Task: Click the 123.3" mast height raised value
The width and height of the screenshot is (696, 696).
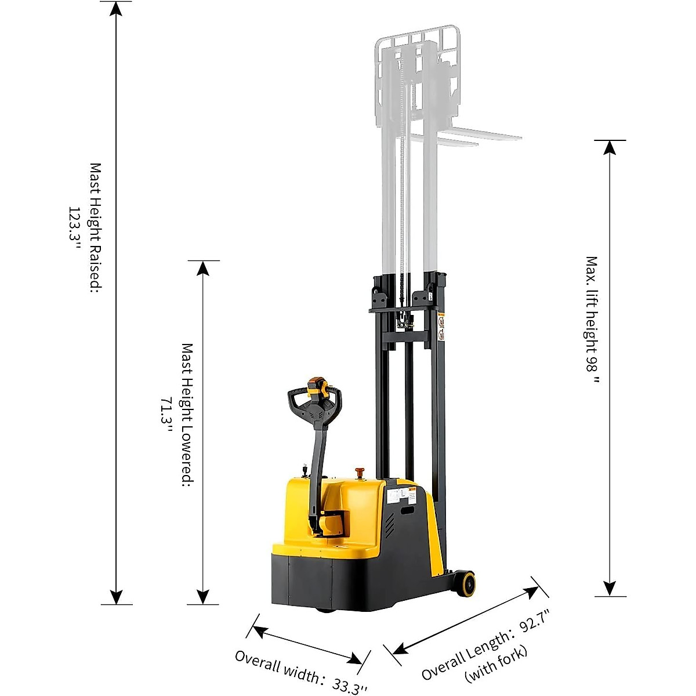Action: (76, 227)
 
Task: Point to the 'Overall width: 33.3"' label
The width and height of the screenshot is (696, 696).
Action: (300, 672)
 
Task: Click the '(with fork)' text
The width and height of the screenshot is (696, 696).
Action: (496, 664)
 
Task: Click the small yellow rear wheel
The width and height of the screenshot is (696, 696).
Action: (465, 583)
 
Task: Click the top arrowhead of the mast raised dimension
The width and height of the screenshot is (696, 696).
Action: (117, 8)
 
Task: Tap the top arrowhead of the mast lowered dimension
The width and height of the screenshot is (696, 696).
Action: (203, 267)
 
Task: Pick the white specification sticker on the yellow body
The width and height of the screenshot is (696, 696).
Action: (397, 496)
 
